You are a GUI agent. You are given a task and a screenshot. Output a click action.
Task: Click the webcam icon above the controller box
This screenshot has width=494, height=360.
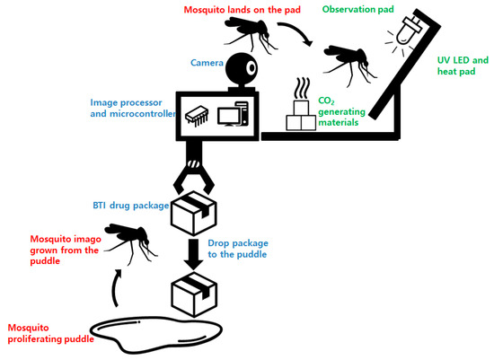click(241, 70)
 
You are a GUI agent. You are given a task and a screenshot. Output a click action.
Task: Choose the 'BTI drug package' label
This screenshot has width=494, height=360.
click(129, 206)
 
